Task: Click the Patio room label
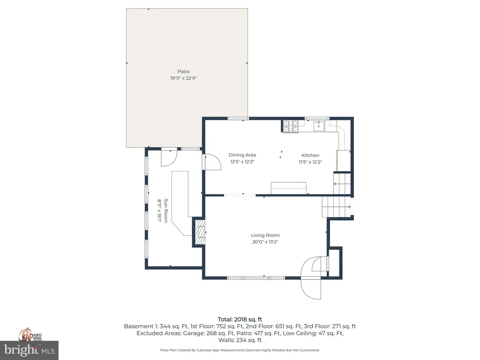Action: (x=183, y=72)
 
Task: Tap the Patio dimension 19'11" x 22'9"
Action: (x=183, y=78)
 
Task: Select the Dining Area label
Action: (x=242, y=155)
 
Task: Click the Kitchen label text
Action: (x=310, y=155)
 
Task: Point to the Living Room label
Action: (x=265, y=235)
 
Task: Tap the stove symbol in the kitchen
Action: (x=290, y=126)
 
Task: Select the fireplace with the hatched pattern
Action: (x=200, y=232)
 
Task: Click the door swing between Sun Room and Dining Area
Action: (x=213, y=162)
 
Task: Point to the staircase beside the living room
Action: (x=336, y=206)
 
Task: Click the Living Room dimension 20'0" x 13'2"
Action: (x=265, y=242)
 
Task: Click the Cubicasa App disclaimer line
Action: (x=240, y=350)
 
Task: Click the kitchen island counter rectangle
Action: (x=288, y=187)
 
